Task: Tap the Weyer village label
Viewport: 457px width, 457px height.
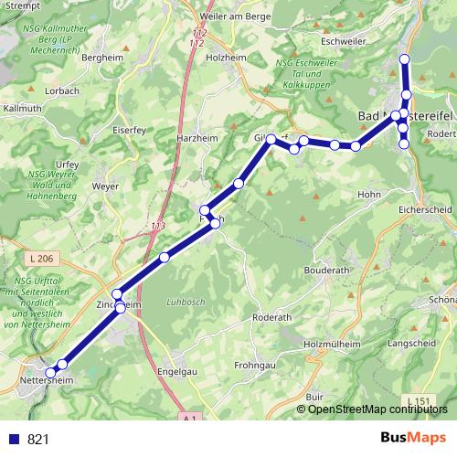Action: [107, 186]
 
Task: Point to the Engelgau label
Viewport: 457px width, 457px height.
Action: [177, 373]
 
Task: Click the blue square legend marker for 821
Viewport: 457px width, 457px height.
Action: [15, 440]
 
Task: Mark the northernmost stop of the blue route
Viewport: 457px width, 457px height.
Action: [405, 59]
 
